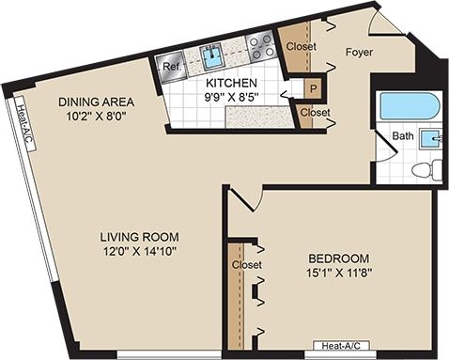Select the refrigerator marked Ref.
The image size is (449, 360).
tap(171, 68)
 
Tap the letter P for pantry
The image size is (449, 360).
tap(312, 88)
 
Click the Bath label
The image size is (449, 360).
tap(403, 136)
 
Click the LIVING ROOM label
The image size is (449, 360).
tap(141, 236)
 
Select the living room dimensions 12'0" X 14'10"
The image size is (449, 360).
tap(141, 250)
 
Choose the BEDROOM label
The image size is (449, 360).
tap(338, 258)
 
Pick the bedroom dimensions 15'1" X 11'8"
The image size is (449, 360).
tap(338, 274)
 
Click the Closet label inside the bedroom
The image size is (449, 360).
tap(245, 266)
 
